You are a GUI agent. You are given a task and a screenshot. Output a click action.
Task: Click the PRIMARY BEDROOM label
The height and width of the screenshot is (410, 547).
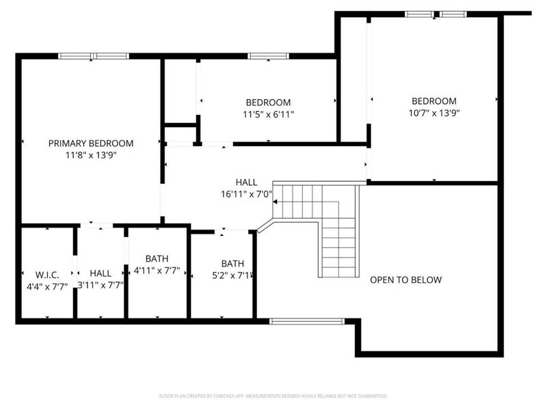pos(90,143)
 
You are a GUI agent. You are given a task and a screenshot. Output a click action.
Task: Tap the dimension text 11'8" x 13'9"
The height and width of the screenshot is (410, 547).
pos(90,155)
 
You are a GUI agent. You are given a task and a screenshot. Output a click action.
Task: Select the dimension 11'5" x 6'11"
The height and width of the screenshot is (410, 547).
pos(268,114)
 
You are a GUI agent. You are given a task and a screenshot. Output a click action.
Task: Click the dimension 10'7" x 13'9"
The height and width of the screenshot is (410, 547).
pos(433,113)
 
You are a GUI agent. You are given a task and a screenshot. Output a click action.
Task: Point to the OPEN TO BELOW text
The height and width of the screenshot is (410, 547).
pos(405,279)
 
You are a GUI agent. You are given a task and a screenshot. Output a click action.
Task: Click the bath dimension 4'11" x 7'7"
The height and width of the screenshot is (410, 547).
pos(157,270)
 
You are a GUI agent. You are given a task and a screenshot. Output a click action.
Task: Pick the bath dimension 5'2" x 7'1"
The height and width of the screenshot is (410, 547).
pos(232,275)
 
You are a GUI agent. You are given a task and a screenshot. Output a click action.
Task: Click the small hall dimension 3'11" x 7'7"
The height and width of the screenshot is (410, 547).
pos(100,285)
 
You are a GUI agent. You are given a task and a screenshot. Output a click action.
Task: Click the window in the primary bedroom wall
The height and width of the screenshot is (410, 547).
pos(93,56)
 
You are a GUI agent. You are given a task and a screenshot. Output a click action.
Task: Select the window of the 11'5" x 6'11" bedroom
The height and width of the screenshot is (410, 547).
pos(268,56)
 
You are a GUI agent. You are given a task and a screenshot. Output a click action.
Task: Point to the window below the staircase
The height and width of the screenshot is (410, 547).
pos(307,320)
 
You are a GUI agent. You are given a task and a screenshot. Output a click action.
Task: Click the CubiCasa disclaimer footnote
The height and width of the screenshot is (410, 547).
pos(273,396)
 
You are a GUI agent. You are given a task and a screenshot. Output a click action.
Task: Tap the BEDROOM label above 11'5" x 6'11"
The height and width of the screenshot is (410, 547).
pos(268,102)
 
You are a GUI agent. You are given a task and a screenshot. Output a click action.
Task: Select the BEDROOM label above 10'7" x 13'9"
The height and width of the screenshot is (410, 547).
pos(433,101)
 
